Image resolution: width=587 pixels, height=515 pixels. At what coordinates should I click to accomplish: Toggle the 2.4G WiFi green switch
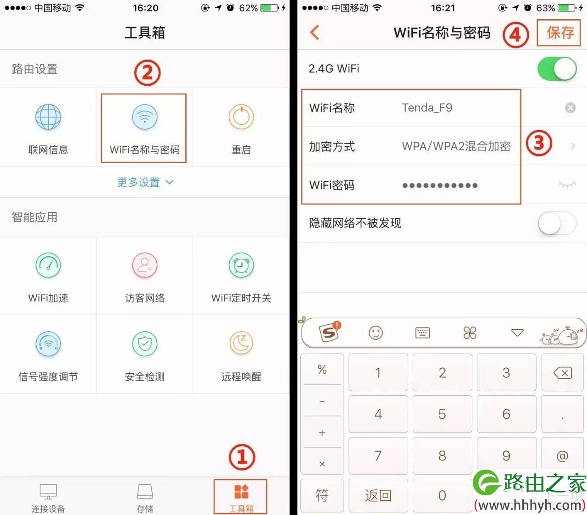557,69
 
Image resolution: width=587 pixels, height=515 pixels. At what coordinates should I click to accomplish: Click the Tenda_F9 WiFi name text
427,108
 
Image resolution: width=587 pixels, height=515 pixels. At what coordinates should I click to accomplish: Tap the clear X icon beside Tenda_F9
570,107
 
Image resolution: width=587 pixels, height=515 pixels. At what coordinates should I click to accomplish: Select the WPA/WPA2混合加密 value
456,146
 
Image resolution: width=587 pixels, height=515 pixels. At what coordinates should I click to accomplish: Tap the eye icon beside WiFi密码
567,184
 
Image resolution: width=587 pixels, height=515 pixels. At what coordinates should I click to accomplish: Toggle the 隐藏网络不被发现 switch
557,223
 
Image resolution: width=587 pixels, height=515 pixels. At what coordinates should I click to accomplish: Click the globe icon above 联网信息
48,117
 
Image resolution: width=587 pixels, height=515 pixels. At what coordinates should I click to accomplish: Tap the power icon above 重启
241,117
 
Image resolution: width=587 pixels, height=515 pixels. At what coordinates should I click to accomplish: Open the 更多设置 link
145,182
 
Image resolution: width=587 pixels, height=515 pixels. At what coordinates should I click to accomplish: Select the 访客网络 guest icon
144,265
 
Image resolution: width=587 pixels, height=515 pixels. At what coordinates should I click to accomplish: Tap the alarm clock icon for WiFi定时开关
241,265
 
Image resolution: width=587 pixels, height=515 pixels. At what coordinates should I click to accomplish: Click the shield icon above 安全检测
144,344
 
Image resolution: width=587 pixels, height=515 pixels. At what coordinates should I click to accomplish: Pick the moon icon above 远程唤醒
241,344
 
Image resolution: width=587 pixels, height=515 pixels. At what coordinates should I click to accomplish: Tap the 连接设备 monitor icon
48,492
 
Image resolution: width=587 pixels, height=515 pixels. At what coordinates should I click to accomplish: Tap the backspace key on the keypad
562,373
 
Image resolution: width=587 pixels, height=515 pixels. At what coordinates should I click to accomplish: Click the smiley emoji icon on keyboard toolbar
376,332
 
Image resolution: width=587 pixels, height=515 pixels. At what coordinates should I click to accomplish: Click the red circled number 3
538,143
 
